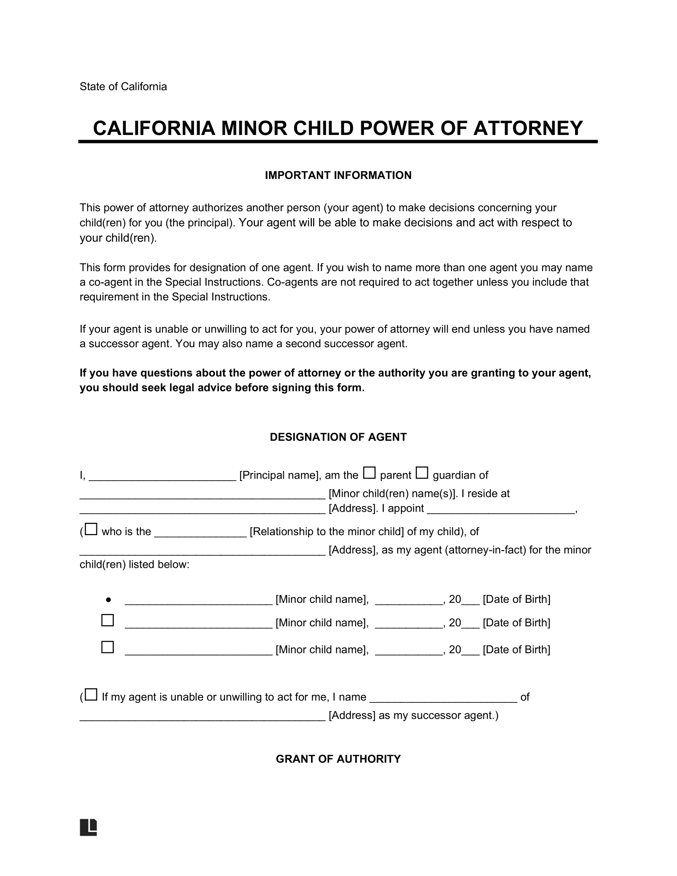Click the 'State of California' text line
(123, 87)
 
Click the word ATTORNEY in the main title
(528, 128)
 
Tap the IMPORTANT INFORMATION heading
(338, 175)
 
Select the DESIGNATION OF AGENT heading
(338, 437)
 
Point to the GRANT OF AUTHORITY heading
(338, 759)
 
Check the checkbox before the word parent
(369, 473)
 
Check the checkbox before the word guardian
(421, 473)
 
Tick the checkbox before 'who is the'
(92, 530)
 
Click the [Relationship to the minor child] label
(327, 532)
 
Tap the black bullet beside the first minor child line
(108, 600)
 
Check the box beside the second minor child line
(108, 620)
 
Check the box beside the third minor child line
(108, 647)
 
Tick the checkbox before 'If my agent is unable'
(92, 695)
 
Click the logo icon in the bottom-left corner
(89, 827)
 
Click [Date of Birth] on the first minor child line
(516, 600)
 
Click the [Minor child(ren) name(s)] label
(393, 494)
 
